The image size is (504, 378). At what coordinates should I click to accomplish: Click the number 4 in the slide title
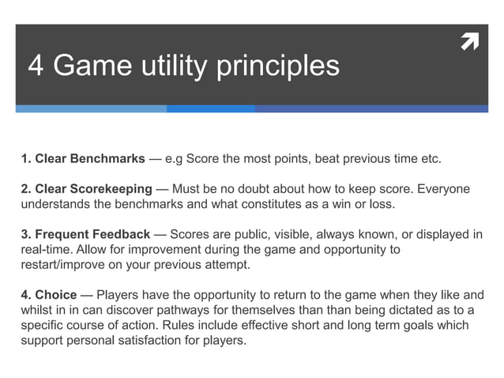(36, 66)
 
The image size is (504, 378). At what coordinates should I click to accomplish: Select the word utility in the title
(170, 66)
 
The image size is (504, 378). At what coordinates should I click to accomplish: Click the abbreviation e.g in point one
(174, 159)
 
